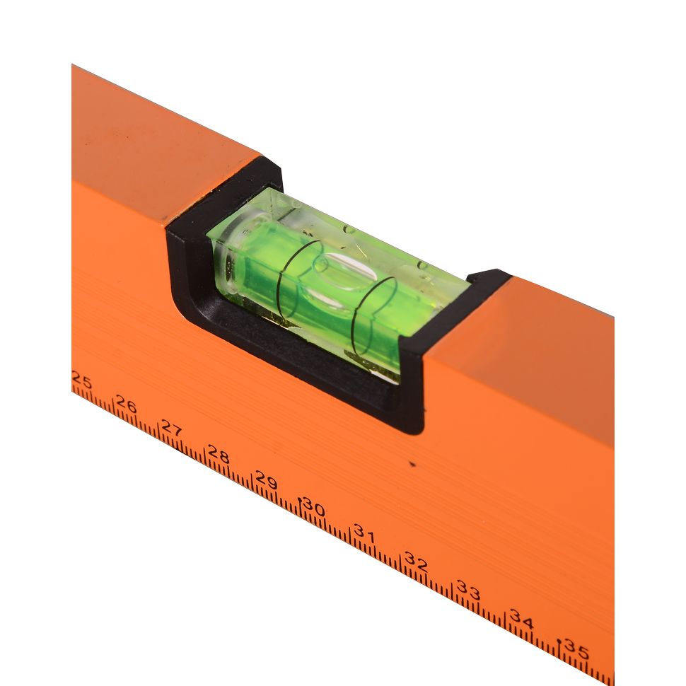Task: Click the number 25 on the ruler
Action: tap(82, 381)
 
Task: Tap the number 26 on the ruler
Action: tap(126, 404)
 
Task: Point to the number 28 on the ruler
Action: tap(219, 454)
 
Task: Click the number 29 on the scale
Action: tap(266, 479)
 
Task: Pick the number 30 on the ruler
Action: tap(314, 508)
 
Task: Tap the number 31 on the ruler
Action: tap(364, 533)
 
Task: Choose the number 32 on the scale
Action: tap(416, 562)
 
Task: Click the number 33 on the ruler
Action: tap(469, 590)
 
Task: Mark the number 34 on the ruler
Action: tap(522, 619)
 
